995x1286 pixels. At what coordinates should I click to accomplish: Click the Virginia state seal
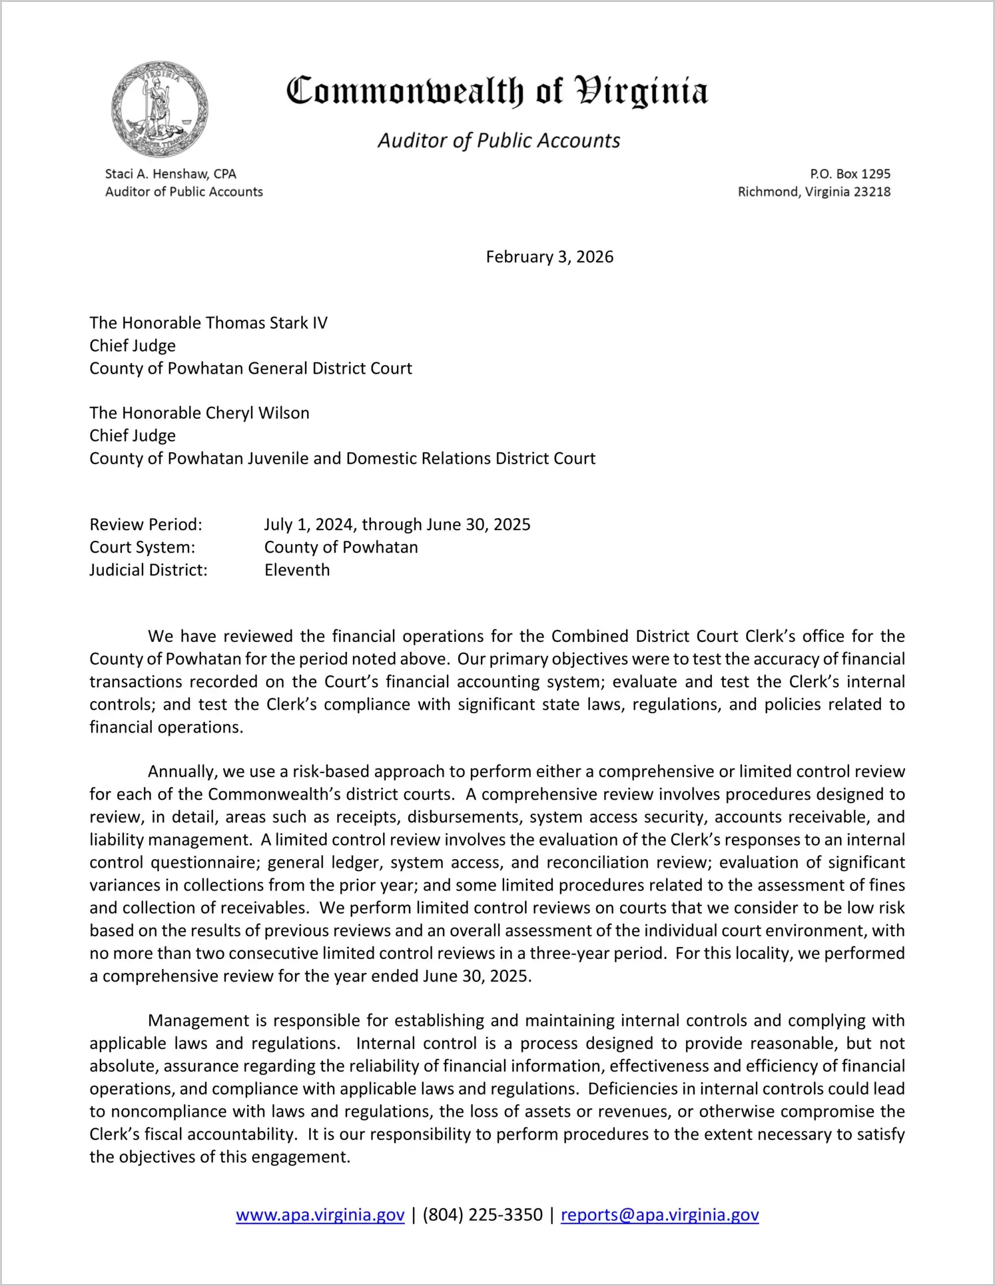click(x=160, y=109)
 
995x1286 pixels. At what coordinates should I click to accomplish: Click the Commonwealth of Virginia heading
click(x=497, y=91)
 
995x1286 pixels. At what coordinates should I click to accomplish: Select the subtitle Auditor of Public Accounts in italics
click(x=499, y=141)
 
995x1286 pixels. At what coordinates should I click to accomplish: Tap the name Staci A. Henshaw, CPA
click(x=170, y=174)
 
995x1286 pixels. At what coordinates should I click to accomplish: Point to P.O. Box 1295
click(x=850, y=174)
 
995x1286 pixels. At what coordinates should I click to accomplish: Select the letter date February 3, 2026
click(x=549, y=257)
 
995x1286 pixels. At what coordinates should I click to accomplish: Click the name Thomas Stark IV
click(x=266, y=323)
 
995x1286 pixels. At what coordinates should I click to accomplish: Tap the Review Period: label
click(x=146, y=525)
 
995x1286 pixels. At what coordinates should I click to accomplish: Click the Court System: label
click(x=143, y=547)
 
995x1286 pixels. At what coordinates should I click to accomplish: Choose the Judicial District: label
click(x=149, y=570)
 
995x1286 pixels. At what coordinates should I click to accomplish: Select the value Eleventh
click(x=297, y=570)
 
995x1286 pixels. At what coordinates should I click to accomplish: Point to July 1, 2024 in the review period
click(x=310, y=525)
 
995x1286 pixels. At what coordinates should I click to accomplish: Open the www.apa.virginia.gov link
click(x=320, y=1215)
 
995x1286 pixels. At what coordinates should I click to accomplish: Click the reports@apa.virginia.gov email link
click(x=659, y=1215)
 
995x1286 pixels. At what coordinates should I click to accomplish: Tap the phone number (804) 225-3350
click(x=482, y=1215)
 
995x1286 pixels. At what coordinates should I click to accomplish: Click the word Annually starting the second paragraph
click(x=182, y=772)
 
